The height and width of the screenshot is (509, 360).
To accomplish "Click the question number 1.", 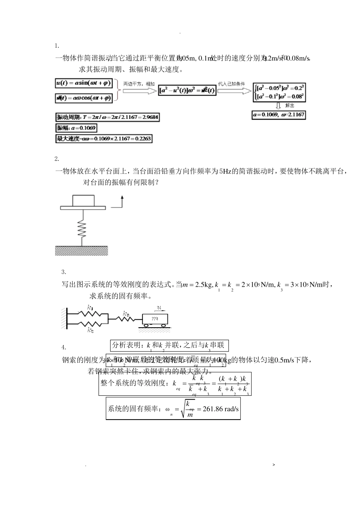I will pyautogui.click(x=57, y=46).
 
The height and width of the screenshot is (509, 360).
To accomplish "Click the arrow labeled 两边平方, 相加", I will pyautogui.click(x=136, y=91).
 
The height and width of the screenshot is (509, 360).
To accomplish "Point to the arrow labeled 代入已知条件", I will pyautogui.click(x=232, y=91).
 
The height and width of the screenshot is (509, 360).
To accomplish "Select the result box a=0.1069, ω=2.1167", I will pyautogui.click(x=279, y=114).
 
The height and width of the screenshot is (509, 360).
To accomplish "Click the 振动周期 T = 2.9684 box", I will pyautogui.click(x=107, y=117).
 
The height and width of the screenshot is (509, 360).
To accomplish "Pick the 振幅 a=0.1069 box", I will pyautogui.click(x=76, y=128).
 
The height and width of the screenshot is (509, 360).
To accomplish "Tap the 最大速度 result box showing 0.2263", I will pyautogui.click(x=104, y=139).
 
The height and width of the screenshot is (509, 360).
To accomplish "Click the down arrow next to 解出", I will pyautogui.click(x=278, y=106).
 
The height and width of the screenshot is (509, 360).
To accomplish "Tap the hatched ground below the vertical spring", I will pyautogui.click(x=81, y=250).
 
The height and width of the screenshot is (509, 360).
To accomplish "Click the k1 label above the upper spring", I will pyautogui.click(x=90, y=307).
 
